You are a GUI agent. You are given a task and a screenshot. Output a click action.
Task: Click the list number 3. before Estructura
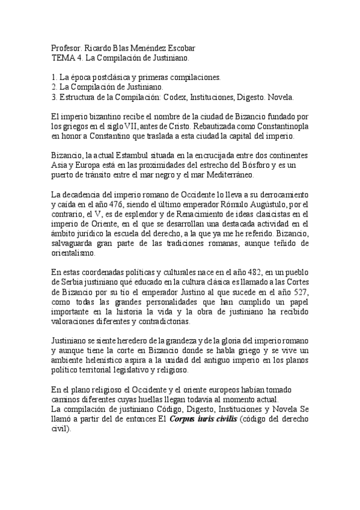55,97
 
